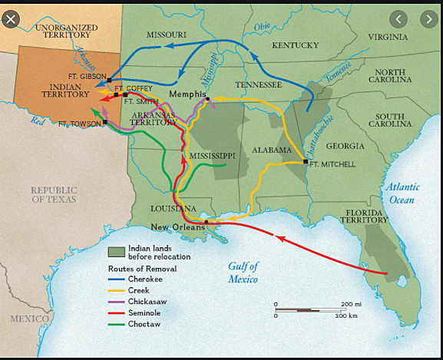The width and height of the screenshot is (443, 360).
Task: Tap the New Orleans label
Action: [x=177, y=226]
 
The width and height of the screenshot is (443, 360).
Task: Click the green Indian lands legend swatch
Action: [x=115, y=252]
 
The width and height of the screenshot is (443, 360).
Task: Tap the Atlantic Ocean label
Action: [x=400, y=193]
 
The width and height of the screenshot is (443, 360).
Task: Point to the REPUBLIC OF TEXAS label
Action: [x=54, y=194]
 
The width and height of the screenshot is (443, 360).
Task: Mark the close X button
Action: [x=11, y=19]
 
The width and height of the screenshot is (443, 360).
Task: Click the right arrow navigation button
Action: [x=426, y=19]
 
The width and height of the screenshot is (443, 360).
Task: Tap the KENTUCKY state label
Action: [x=295, y=45]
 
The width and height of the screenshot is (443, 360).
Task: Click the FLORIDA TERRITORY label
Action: [x=364, y=216]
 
